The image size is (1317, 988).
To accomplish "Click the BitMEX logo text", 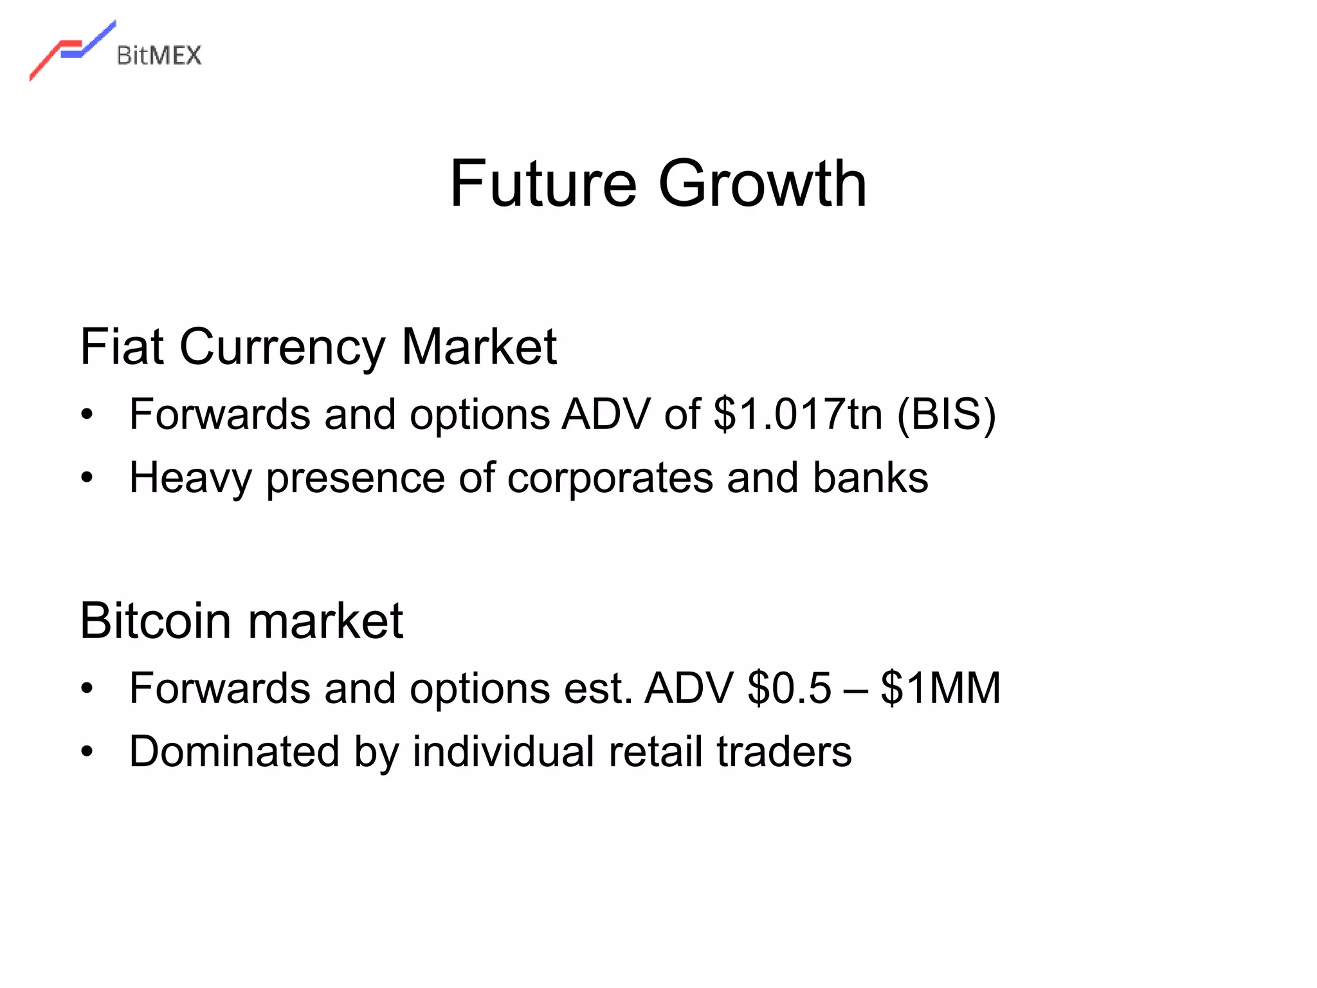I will [x=159, y=56].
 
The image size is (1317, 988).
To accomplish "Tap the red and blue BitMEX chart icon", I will [x=72, y=50].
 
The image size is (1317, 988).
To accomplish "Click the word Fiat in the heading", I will [x=122, y=347].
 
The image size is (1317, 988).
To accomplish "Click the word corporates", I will [x=610, y=478].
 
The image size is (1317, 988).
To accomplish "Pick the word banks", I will [x=871, y=477].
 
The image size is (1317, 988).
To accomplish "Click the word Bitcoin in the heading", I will [x=155, y=621].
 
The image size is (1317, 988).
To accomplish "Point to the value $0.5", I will [x=790, y=688].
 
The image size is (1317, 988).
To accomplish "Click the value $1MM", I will [x=940, y=688].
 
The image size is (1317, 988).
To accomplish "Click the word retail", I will [x=655, y=751].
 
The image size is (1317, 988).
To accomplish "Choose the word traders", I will [x=784, y=751].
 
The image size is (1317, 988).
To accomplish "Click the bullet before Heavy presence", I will [x=87, y=478].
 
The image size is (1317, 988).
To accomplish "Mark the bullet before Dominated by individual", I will [x=87, y=751].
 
